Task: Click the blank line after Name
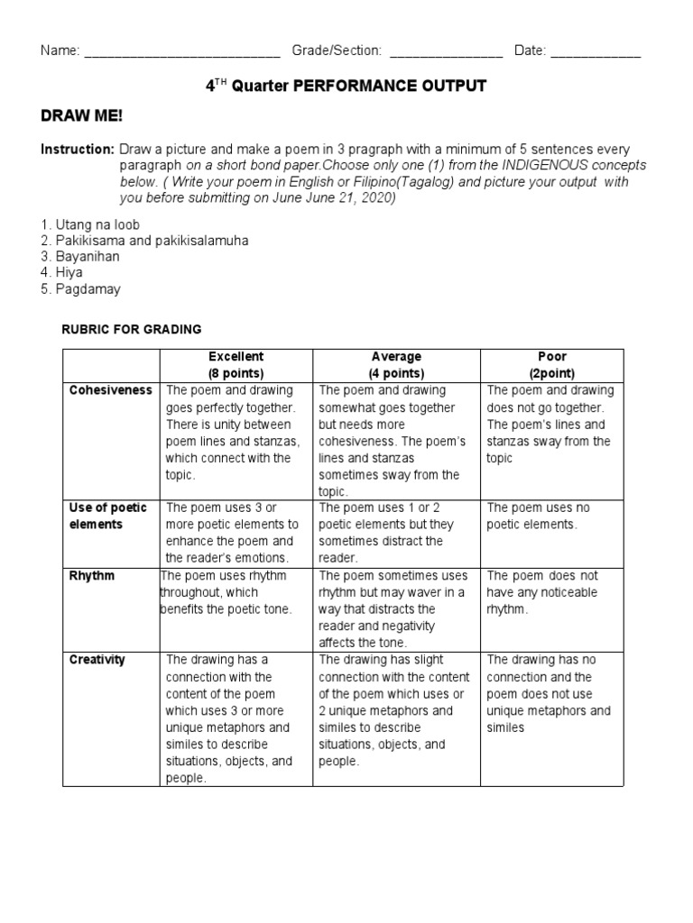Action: point(181,52)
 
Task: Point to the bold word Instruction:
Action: point(77,149)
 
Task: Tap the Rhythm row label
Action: point(92,576)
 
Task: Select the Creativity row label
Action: point(97,660)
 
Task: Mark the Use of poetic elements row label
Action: point(107,516)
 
